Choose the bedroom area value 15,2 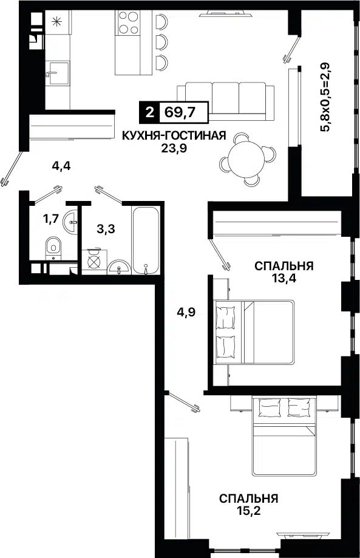[x=248, y=510]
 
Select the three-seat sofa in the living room [x=222, y=98]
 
